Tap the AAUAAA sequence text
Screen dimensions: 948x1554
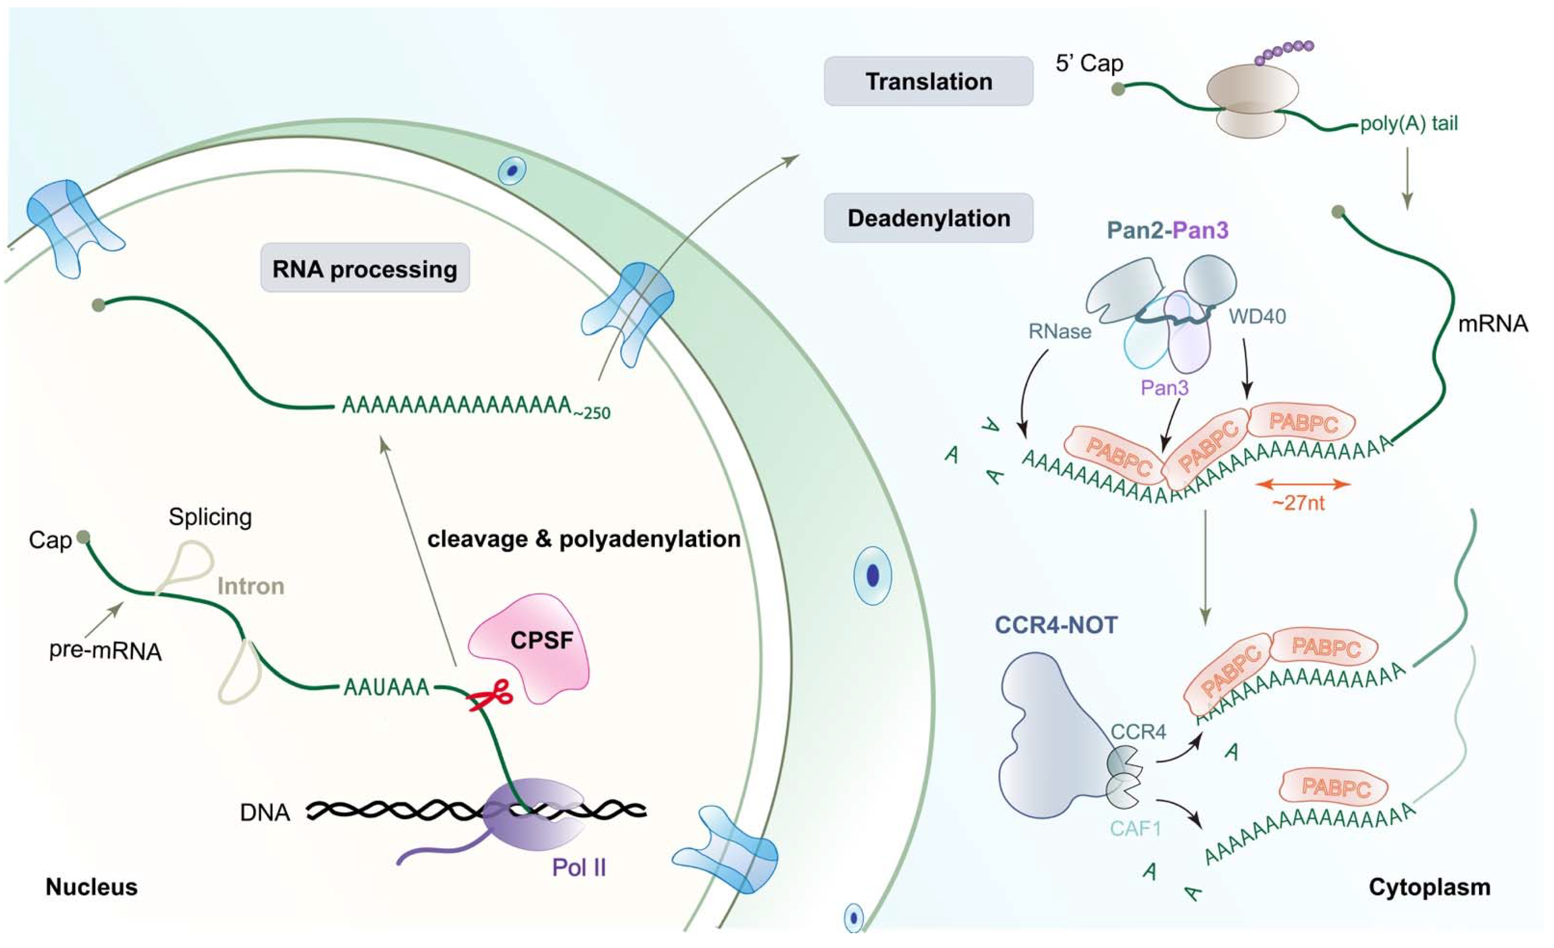[x=386, y=687]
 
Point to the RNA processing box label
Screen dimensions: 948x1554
[x=365, y=269]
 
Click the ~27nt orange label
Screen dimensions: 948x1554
[x=1298, y=503]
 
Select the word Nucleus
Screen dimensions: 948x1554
[x=91, y=887]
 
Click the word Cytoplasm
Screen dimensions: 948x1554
[x=1429, y=887]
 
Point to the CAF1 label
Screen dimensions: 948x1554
[x=1135, y=828]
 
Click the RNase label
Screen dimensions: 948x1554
[x=1059, y=331]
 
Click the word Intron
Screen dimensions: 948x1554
[x=250, y=586]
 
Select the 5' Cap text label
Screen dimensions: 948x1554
[x=1089, y=63]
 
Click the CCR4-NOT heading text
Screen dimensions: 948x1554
[x=1056, y=625]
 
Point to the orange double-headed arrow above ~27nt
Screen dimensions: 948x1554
[x=1303, y=484]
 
